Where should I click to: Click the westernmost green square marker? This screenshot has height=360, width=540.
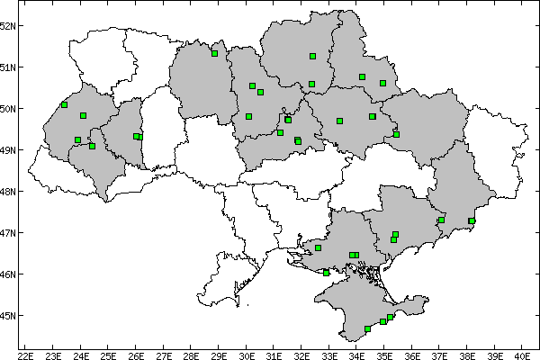(x=64, y=104)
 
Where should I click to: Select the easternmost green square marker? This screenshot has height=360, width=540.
(x=472, y=220)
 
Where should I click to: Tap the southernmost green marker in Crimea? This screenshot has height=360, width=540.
(x=367, y=328)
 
